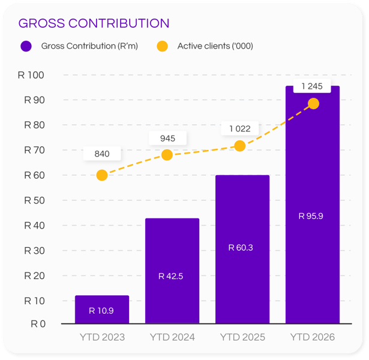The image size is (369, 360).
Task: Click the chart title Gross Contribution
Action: click(94, 23)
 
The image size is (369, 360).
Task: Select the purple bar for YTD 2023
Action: click(102, 309)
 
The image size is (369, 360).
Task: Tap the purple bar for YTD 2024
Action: click(172, 270)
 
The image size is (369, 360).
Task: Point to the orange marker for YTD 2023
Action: click(102, 175)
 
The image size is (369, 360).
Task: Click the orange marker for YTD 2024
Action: click(167, 155)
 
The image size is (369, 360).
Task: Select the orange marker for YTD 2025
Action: click(239, 146)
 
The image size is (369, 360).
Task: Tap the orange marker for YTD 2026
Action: click(313, 104)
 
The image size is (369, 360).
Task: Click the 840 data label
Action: click(102, 154)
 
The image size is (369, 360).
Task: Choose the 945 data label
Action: click(168, 139)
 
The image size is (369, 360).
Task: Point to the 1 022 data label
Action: click(240, 128)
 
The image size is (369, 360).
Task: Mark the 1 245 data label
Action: click(312, 86)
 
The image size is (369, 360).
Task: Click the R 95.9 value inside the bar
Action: click(311, 216)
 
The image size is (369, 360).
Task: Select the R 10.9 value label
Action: click(101, 311)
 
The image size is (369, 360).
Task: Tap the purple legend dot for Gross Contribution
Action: click(26, 46)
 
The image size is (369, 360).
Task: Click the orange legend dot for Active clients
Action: click(162, 46)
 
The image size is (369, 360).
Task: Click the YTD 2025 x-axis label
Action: click(242, 337)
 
